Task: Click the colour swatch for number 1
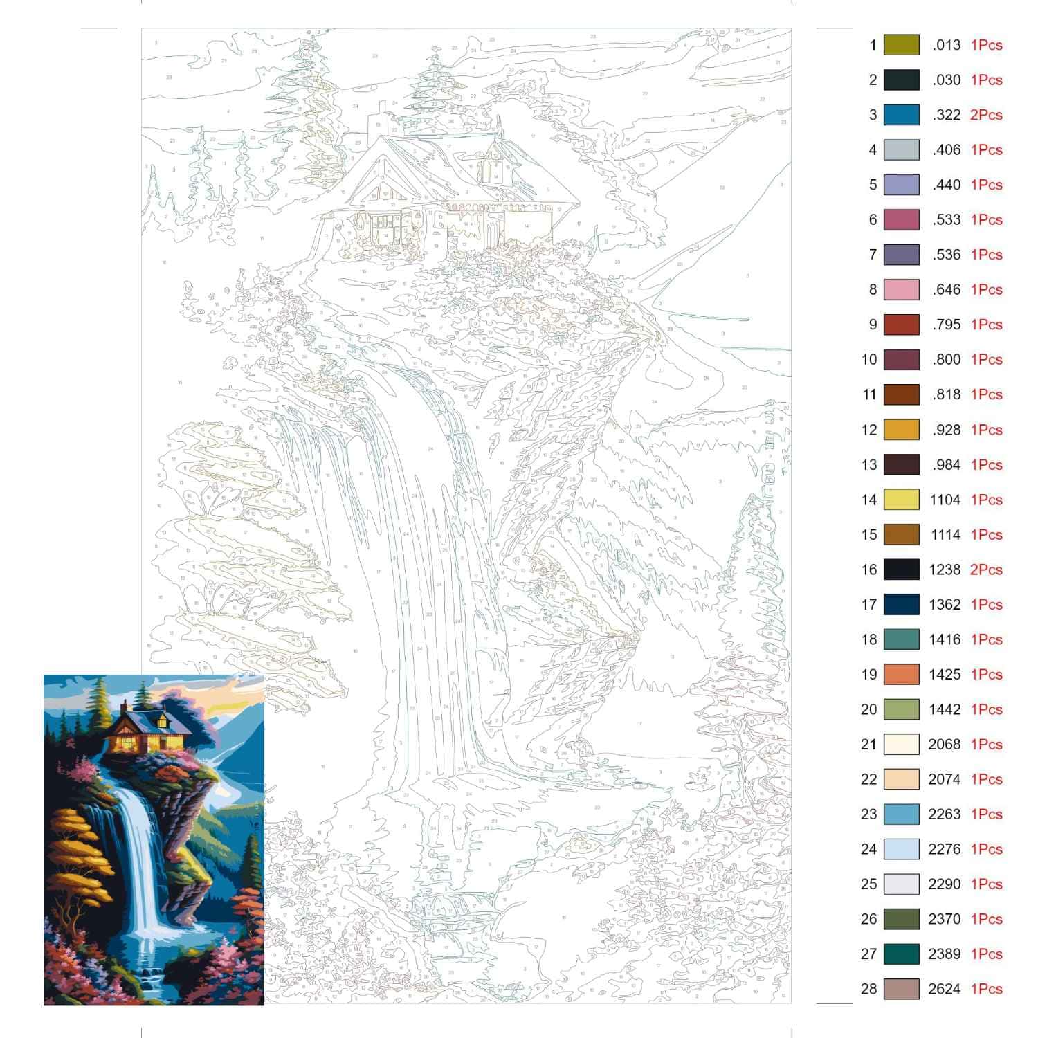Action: point(901,45)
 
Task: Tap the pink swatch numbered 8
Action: point(901,289)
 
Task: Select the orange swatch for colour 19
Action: point(901,674)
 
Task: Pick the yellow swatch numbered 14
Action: point(901,500)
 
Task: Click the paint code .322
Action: point(946,115)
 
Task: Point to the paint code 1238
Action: point(945,570)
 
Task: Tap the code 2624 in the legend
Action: point(945,989)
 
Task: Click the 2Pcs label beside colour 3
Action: point(986,115)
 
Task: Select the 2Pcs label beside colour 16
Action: point(986,570)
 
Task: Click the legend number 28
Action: point(869,989)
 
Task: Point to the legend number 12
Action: point(869,430)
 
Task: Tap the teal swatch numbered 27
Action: point(901,954)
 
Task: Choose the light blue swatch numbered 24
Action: point(901,849)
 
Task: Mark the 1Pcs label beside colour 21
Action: point(986,744)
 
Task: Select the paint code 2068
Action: point(945,744)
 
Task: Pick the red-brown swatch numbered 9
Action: point(901,325)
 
